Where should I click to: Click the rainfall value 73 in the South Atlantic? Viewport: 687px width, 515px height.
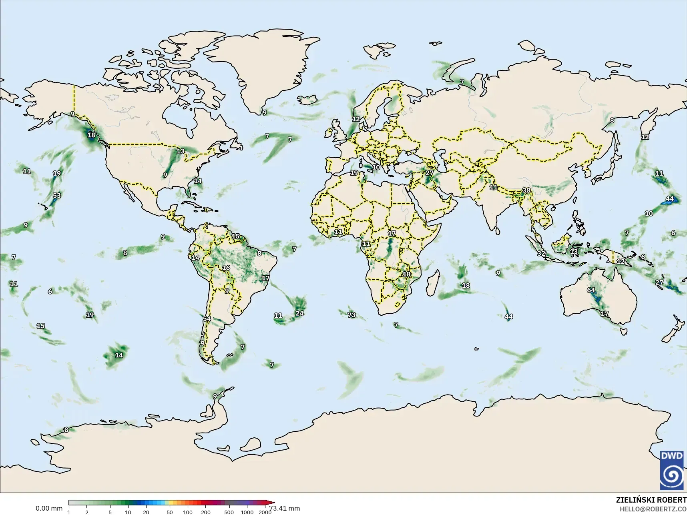352,315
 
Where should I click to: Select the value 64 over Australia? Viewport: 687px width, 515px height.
591,290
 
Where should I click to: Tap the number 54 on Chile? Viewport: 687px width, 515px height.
207,319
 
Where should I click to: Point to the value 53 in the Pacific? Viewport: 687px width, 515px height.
57,196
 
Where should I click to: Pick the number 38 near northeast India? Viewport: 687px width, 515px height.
526,190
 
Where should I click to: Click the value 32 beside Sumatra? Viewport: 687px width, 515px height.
541,253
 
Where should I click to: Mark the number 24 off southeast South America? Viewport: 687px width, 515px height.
299,313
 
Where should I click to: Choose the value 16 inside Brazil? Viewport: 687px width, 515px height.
226,268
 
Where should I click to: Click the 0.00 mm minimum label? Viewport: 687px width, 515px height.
49,509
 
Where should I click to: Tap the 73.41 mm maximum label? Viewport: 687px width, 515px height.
285,509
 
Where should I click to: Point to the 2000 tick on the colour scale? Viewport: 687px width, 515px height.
265,512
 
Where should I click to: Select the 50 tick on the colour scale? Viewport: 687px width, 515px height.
170,512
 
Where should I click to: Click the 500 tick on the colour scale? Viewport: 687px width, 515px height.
229,512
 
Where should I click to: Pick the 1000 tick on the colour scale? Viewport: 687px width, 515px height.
247,512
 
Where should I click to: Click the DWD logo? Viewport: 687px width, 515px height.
673,470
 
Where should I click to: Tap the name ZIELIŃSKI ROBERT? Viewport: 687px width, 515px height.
651,500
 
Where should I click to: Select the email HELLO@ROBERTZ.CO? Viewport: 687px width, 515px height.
653,509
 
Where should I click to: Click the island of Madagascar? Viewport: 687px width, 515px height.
432,282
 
